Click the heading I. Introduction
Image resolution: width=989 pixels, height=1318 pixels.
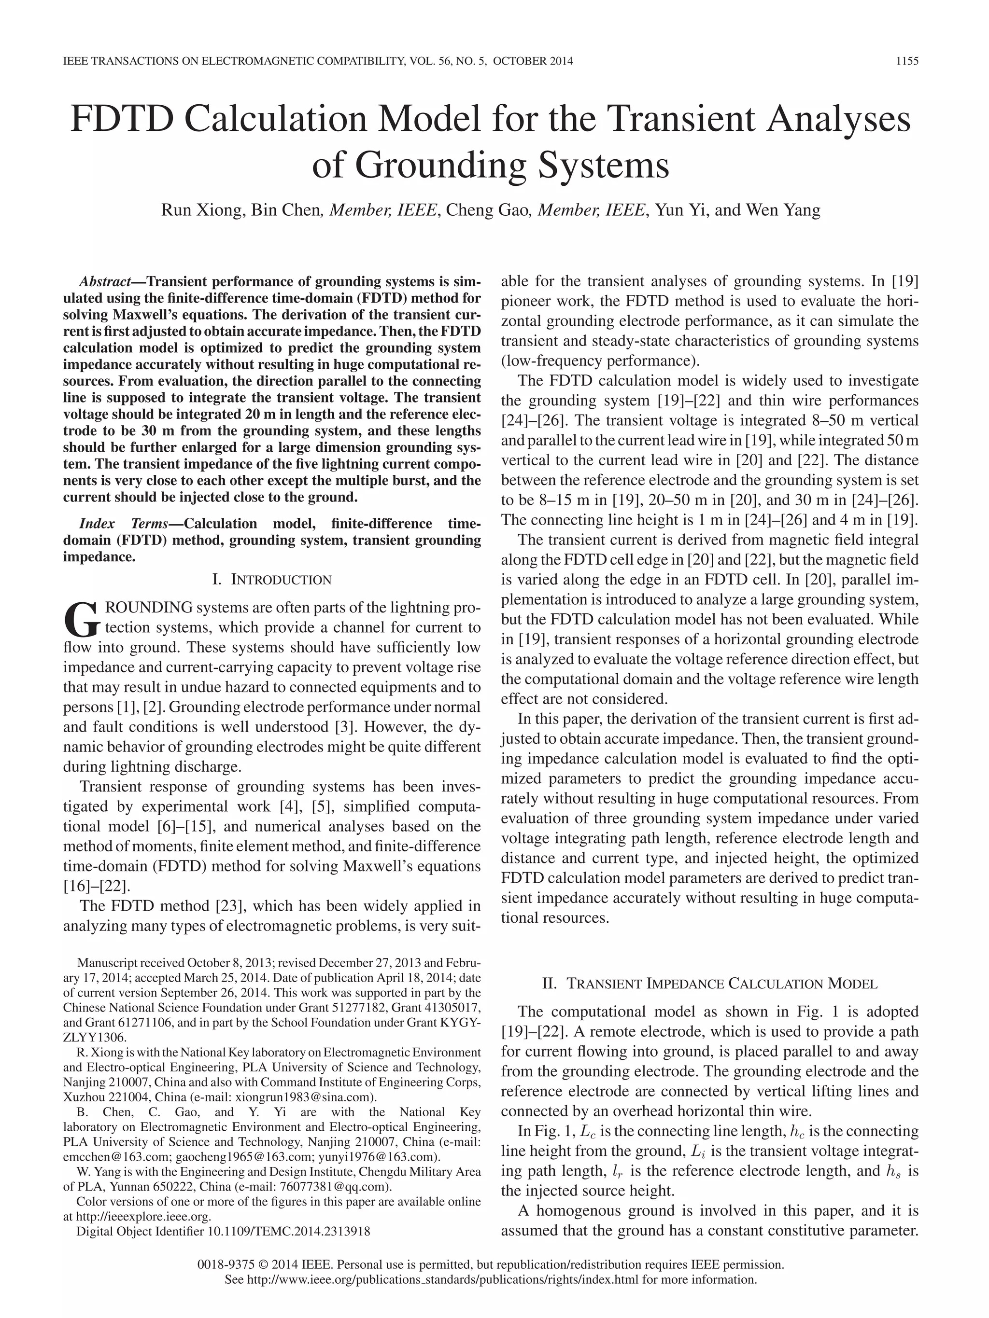tap(272, 580)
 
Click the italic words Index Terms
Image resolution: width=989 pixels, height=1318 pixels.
tap(124, 524)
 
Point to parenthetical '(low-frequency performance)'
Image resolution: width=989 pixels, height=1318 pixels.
tap(601, 361)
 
